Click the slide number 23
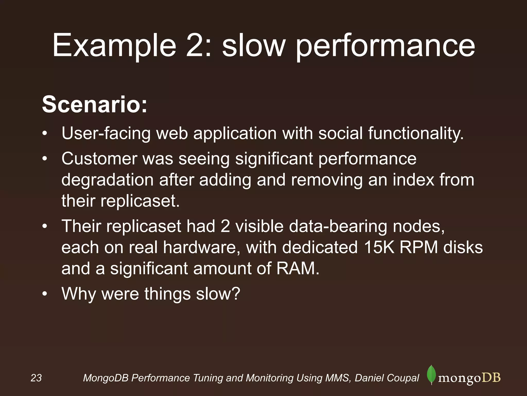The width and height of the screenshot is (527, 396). pyautogui.click(x=36, y=378)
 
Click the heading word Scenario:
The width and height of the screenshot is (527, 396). pyautogui.click(x=94, y=104)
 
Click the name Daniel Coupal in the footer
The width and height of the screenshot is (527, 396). pyautogui.click(x=387, y=378)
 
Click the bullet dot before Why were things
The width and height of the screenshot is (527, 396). pyautogui.click(x=45, y=294)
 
